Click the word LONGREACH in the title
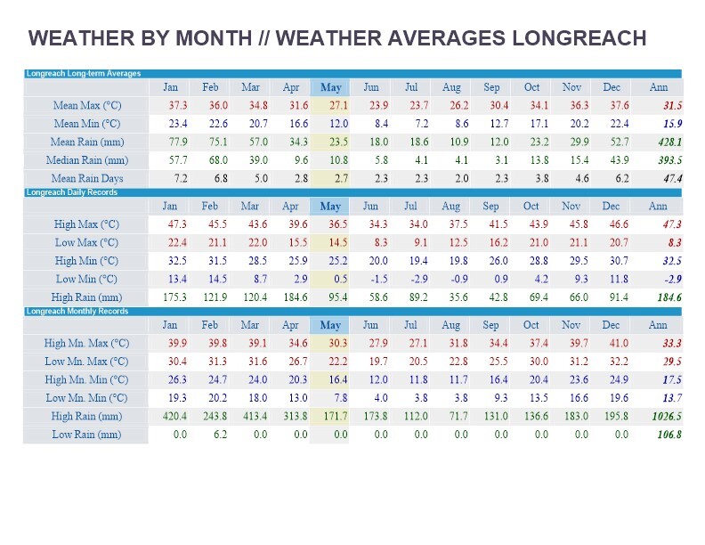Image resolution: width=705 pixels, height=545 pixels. click(x=579, y=38)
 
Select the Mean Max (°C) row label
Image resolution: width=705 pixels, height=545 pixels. click(x=86, y=106)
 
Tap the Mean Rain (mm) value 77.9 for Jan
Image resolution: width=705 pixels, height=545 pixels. click(x=178, y=142)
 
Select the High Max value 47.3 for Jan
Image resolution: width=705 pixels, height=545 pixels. click(x=178, y=225)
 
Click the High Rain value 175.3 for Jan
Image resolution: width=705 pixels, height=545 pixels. click(x=175, y=297)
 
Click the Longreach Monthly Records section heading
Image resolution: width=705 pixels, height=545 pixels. click(x=77, y=312)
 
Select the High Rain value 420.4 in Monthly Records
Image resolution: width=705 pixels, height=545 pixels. click(x=175, y=416)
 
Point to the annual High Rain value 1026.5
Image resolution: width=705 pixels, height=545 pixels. click(x=666, y=416)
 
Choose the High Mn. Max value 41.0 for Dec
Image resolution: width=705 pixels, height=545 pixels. click(x=618, y=344)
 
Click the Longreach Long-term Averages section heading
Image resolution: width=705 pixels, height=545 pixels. click(x=84, y=74)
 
